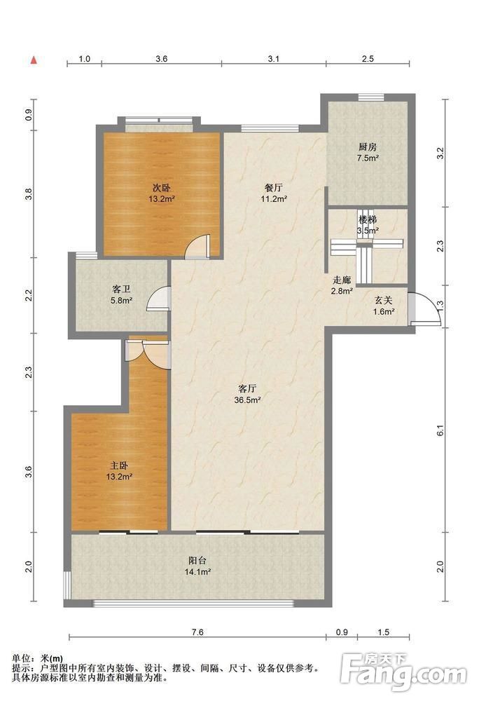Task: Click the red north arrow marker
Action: point(34,60)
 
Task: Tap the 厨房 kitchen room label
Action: point(368,147)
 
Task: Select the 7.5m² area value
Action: point(368,158)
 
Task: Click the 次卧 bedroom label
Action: point(161,188)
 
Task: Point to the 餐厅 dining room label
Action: point(274,188)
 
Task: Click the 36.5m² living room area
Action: point(247,400)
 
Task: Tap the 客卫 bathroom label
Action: point(121,290)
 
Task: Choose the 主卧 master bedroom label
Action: point(119,466)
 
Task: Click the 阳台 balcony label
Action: point(197,561)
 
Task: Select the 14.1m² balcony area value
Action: point(197,572)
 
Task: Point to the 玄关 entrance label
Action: point(384,301)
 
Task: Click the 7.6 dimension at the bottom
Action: point(197,632)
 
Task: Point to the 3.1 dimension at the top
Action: point(274,59)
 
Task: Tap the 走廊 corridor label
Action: point(342,281)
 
